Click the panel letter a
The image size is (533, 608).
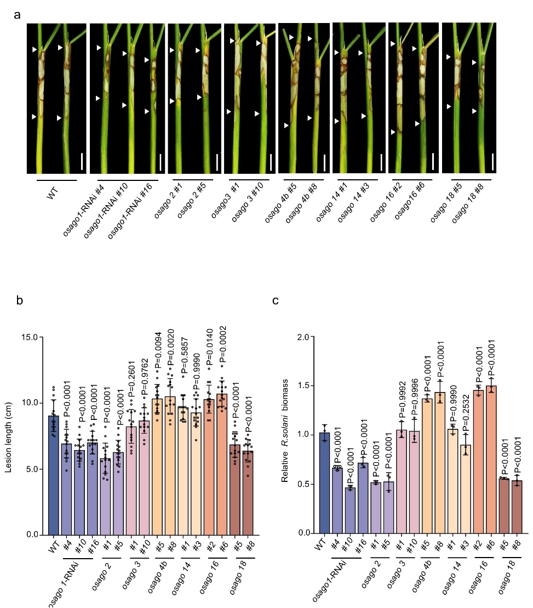coord(17,15)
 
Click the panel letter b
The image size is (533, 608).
coord(19,300)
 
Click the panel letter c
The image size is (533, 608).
coord(276,301)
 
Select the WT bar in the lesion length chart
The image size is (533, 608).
coord(54,475)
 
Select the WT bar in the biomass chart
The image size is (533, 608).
coord(324,483)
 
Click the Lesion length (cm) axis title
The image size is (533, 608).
coord(9,437)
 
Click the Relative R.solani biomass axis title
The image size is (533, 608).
coord(285,430)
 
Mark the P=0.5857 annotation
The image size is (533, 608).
coord(185,356)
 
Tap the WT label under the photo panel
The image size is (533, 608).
coord(52,193)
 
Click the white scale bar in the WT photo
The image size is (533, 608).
coord(82,161)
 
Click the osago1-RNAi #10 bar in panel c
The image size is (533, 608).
coord(350,510)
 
